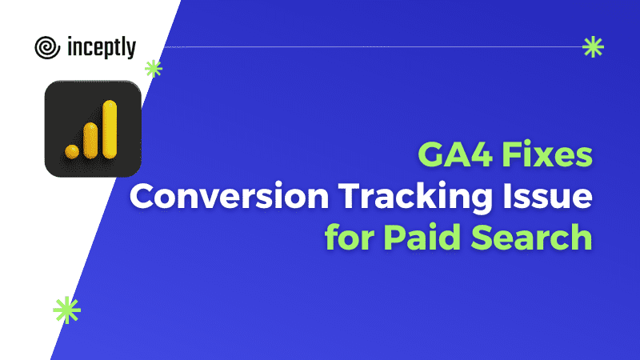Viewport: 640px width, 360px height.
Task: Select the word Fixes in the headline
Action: (x=547, y=154)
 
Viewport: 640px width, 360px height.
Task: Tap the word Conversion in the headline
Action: (x=229, y=196)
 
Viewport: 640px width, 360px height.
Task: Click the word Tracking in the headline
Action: (x=415, y=198)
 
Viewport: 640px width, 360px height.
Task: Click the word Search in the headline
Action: (x=531, y=237)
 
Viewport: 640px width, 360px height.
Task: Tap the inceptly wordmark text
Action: (x=102, y=48)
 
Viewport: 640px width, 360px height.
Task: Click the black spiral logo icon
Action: (x=47, y=47)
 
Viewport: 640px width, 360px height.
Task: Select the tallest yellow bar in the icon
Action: (x=110, y=130)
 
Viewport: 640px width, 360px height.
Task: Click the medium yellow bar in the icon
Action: (x=90, y=141)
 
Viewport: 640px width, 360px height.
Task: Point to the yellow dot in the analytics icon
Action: (x=72, y=151)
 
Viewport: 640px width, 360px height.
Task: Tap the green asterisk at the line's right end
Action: (x=593, y=47)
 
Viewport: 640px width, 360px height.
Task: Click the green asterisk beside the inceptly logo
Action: (x=154, y=69)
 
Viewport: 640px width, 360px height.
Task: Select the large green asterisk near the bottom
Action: (x=67, y=310)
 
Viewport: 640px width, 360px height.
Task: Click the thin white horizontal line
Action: (x=373, y=47)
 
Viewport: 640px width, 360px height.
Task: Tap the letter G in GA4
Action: (x=431, y=154)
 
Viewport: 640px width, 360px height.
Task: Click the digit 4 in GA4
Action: (x=482, y=154)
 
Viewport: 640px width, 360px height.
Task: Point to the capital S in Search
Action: (x=482, y=237)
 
